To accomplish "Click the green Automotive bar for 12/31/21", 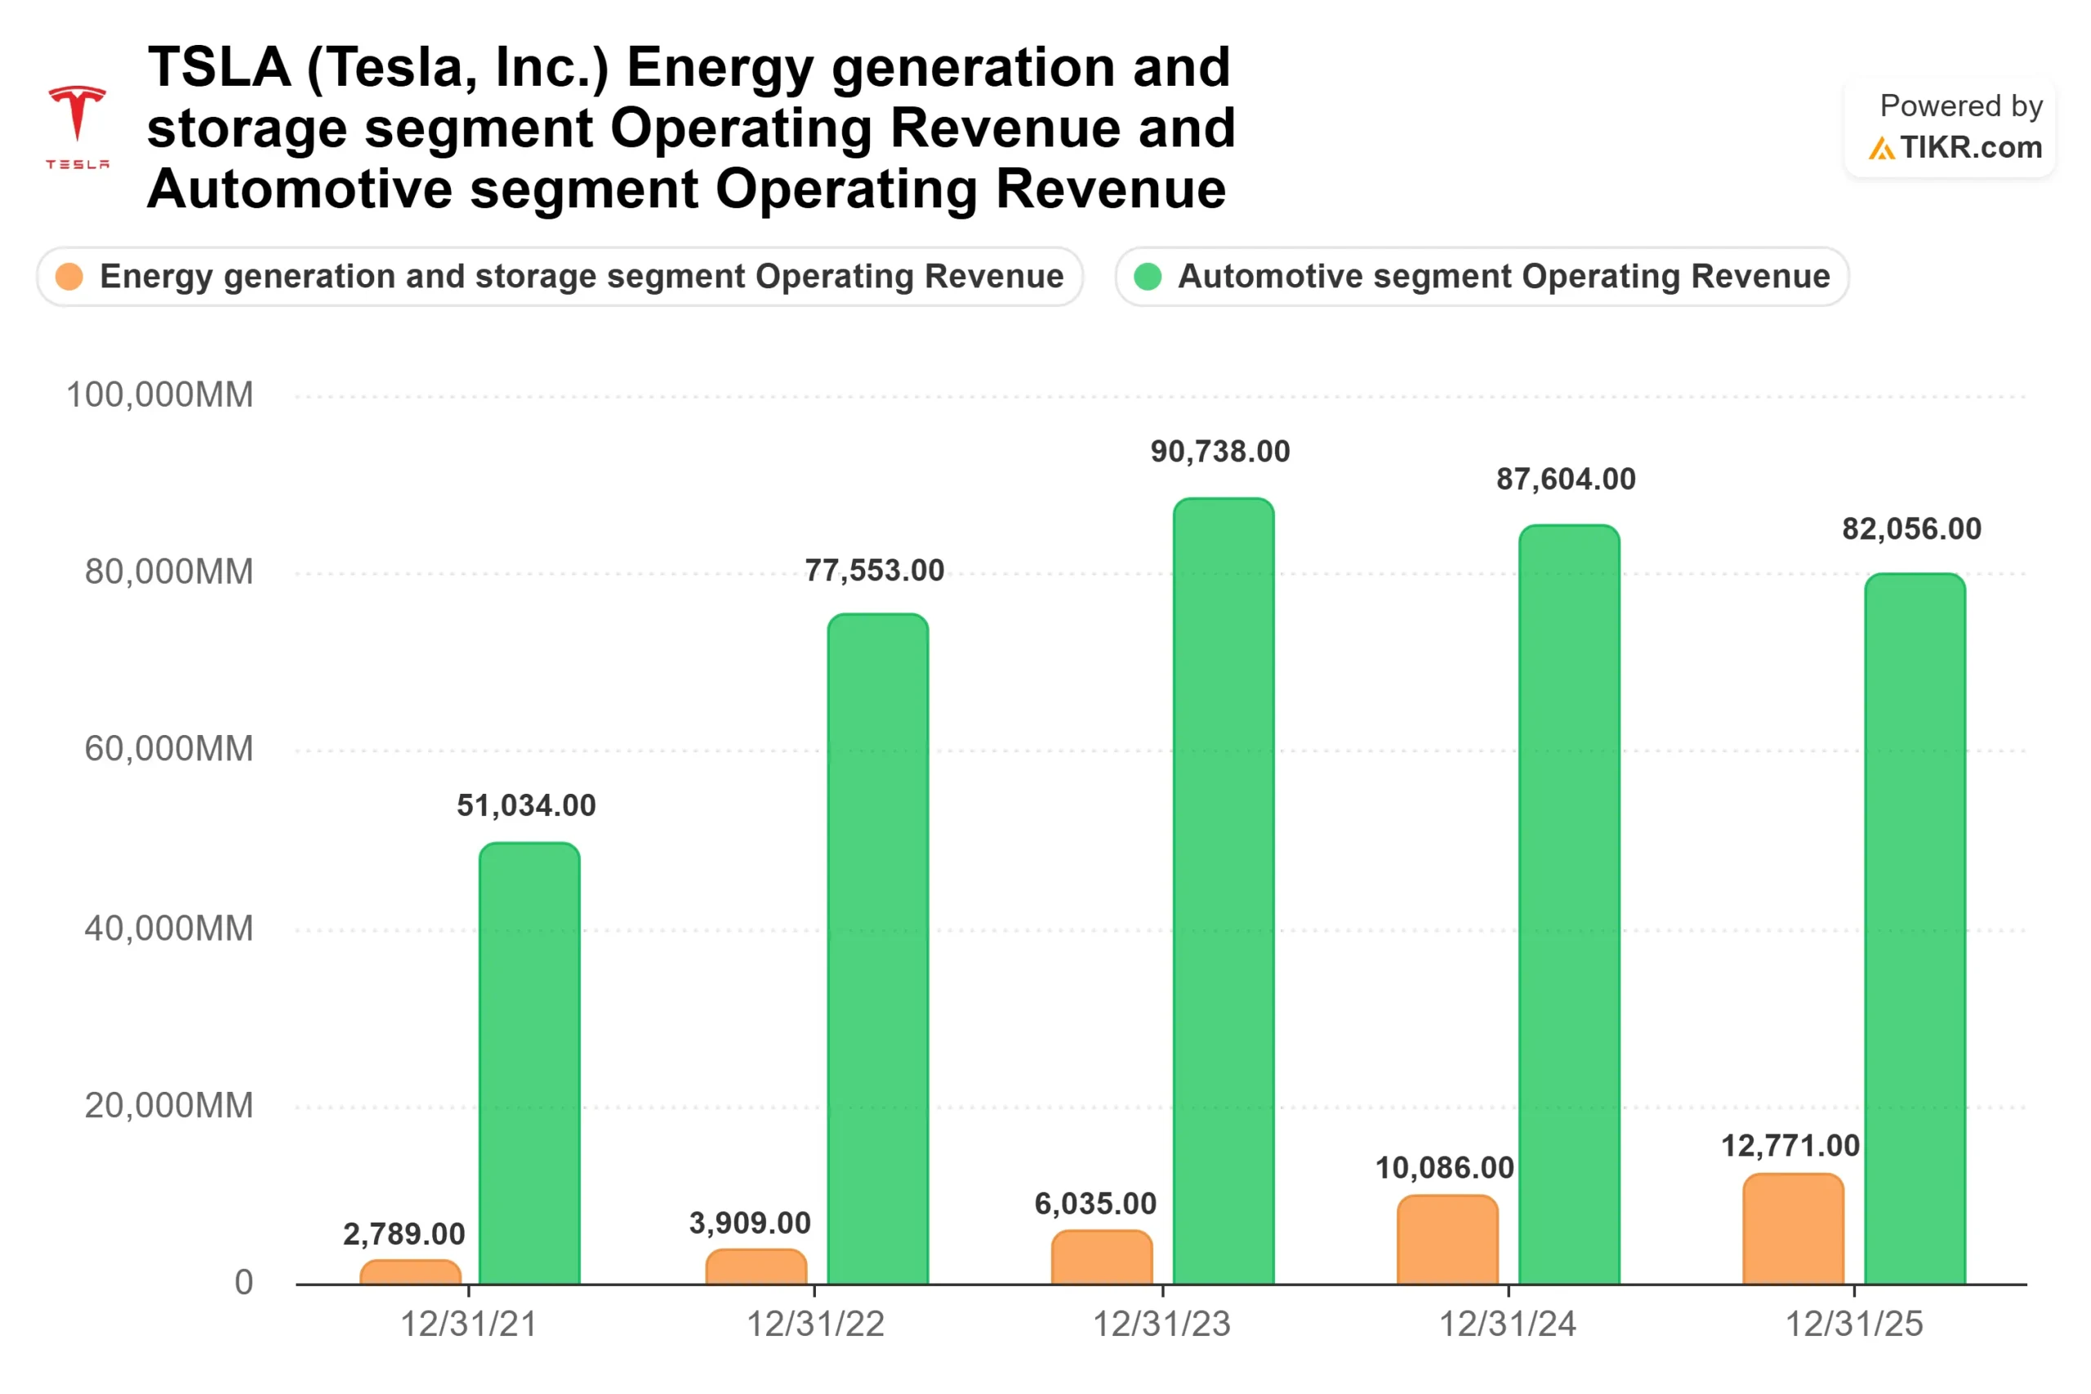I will pyautogui.click(x=529, y=1062).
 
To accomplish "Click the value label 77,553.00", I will pyautogui.click(x=874, y=570).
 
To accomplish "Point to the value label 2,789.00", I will pyautogui.click(x=403, y=1233).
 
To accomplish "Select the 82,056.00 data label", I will pyautogui.click(x=1910, y=529).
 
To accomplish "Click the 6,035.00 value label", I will pyautogui.click(x=1095, y=1203).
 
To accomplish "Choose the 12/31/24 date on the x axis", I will pyautogui.click(x=1507, y=1324).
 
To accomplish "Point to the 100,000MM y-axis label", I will pyautogui.click(x=160, y=394).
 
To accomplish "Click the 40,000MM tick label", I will pyautogui.click(x=169, y=929).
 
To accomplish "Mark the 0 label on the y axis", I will pyautogui.click(x=243, y=1282).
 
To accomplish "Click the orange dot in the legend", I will pyautogui.click(x=69, y=277).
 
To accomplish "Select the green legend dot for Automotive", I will pyautogui.click(x=1148, y=277).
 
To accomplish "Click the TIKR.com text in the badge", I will pyautogui.click(x=1970, y=147).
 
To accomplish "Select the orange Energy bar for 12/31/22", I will pyautogui.click(x=756, y=1266).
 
